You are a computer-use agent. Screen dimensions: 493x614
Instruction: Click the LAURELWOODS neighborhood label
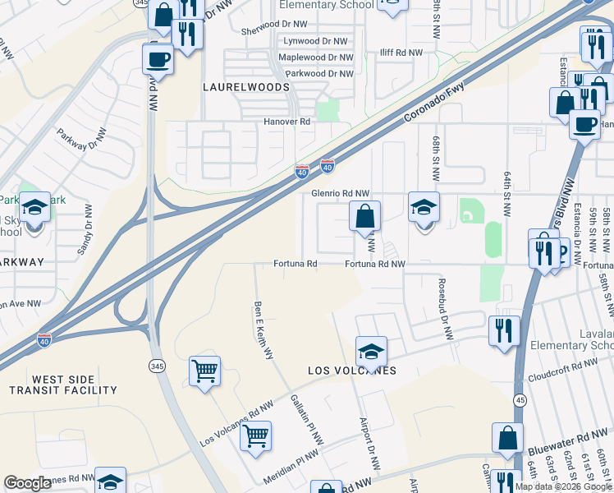tap(247, 87)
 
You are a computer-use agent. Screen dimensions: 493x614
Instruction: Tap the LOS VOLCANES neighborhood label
tap(352, 371)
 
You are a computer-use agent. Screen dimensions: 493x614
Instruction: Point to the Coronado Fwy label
tap(434, 104)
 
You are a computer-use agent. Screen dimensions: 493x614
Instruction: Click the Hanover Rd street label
tap(286, 122)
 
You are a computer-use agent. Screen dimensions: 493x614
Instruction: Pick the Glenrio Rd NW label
tap(341, 193)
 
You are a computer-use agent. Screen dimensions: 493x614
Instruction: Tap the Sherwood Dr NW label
tap(273, 30)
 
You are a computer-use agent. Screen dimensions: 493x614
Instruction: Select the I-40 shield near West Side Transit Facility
tap(44, 339)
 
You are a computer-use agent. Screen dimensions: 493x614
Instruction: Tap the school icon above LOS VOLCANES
tap(371, 351)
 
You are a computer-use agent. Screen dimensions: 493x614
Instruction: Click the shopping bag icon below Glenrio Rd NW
tap(365, 217)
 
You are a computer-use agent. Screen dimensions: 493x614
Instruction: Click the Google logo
tap(27, 484)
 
